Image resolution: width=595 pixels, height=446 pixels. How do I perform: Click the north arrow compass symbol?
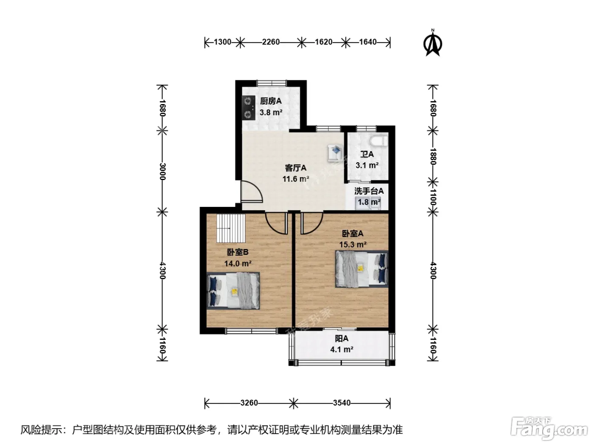tap(433, 43)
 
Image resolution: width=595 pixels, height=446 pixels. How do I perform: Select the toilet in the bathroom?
tap(379, 141)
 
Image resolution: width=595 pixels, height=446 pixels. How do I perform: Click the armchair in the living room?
tap(335, 153)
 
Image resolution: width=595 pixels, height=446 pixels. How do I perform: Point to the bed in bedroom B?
tap(233, 291)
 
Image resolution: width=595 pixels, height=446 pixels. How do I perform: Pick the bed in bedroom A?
tap(362, 269)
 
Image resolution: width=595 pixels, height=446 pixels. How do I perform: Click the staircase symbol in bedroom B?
tap(231, 228)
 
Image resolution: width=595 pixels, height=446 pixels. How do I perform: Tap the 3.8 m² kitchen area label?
tap(271, 112)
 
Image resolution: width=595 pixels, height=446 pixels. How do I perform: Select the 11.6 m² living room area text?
tap(296, 179)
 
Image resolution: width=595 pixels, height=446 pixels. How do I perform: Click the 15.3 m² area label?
tap(353, 245)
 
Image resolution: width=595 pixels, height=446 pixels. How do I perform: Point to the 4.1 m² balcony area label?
tap(342, 350)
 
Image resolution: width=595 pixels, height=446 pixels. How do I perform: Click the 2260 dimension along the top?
tap(271, 42)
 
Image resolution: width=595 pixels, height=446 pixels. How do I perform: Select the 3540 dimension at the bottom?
tap(342, 403)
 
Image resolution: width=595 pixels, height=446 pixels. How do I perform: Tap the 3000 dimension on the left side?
tap(162, 172)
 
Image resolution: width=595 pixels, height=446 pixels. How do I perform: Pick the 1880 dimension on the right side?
tap(433, 156)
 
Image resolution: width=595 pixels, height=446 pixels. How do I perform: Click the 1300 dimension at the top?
tap(223, 42)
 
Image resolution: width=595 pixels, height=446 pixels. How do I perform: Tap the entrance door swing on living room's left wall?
tap(252, 192)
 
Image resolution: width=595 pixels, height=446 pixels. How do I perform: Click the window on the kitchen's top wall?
tap(271, 83)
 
